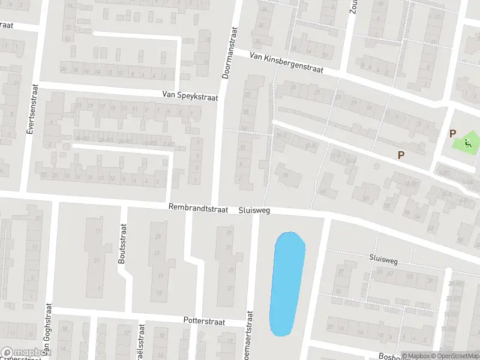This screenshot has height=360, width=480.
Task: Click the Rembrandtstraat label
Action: (x=199, y=209)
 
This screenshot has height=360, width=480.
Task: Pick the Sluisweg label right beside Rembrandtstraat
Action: (x=254, y=211)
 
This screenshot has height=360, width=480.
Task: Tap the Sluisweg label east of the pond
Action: (x=384, y=258)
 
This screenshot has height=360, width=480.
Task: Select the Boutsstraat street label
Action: (x=123, y=244)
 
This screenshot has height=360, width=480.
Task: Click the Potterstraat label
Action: (x=204, y=322)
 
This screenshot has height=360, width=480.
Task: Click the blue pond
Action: (x=287, y=282)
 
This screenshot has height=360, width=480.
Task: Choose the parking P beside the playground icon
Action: (x=452, y=134)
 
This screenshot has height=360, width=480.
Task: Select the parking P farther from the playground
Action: (x=401, y=155)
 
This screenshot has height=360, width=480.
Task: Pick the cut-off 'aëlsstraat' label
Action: (x=142, y=342)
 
